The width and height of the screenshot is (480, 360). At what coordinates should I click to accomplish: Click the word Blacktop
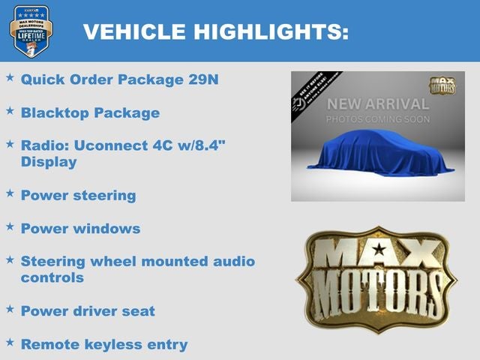coord(54,113)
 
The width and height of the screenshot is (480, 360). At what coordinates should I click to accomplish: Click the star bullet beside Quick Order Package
coord(10,77)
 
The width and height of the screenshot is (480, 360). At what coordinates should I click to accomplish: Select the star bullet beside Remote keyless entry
coord(10,342)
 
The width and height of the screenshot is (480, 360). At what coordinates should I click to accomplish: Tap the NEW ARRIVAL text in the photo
coord(378,104)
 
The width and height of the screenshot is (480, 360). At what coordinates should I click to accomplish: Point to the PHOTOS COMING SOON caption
coord(378,119)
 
